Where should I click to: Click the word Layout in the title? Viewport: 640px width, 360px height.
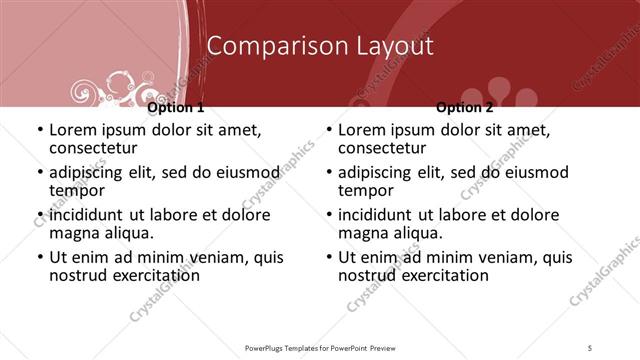coord(384,46)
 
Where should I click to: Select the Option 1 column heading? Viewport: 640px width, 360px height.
coord(175,107)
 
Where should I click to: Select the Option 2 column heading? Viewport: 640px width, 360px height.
coord(465,107)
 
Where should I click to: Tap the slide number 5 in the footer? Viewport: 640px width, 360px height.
coord(590,347)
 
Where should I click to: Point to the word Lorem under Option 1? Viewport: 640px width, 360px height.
coord(72,130)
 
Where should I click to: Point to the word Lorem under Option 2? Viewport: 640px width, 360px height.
coord(361,130)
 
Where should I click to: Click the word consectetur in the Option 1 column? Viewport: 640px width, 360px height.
coord(95,149)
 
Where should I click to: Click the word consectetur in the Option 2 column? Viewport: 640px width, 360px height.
coord(384,149)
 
